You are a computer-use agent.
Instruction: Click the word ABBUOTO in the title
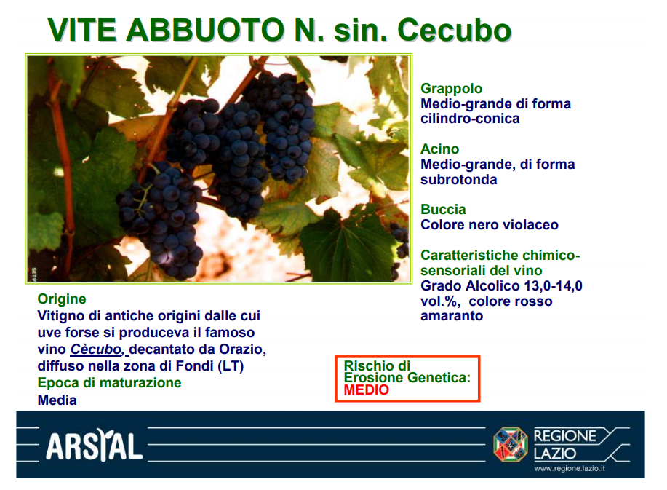tap(204, 31)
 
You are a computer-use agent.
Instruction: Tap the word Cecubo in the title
tap(454, 31)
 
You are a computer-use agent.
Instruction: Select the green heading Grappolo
tap(451, 89)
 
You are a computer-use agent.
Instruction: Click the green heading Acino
tap(440, 149)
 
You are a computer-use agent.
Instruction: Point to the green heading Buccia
tap(443, 210)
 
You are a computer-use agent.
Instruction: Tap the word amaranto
tap(452, 316)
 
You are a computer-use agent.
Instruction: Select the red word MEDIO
tap(367, 390)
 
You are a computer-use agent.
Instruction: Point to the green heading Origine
tap(62, 299)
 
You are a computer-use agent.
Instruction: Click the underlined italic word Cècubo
tap(96, 349)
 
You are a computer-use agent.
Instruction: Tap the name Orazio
tap(242, 349)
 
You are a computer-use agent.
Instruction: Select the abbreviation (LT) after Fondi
tap(231, 366)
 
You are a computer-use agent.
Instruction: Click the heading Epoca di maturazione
tap(109, 383)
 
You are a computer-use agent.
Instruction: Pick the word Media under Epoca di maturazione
tap(57, 400)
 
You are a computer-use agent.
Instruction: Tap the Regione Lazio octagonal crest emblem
tap(510, 444)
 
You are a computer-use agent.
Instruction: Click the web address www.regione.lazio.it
tap(570, 469)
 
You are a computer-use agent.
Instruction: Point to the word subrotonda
tap(458, 180)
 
